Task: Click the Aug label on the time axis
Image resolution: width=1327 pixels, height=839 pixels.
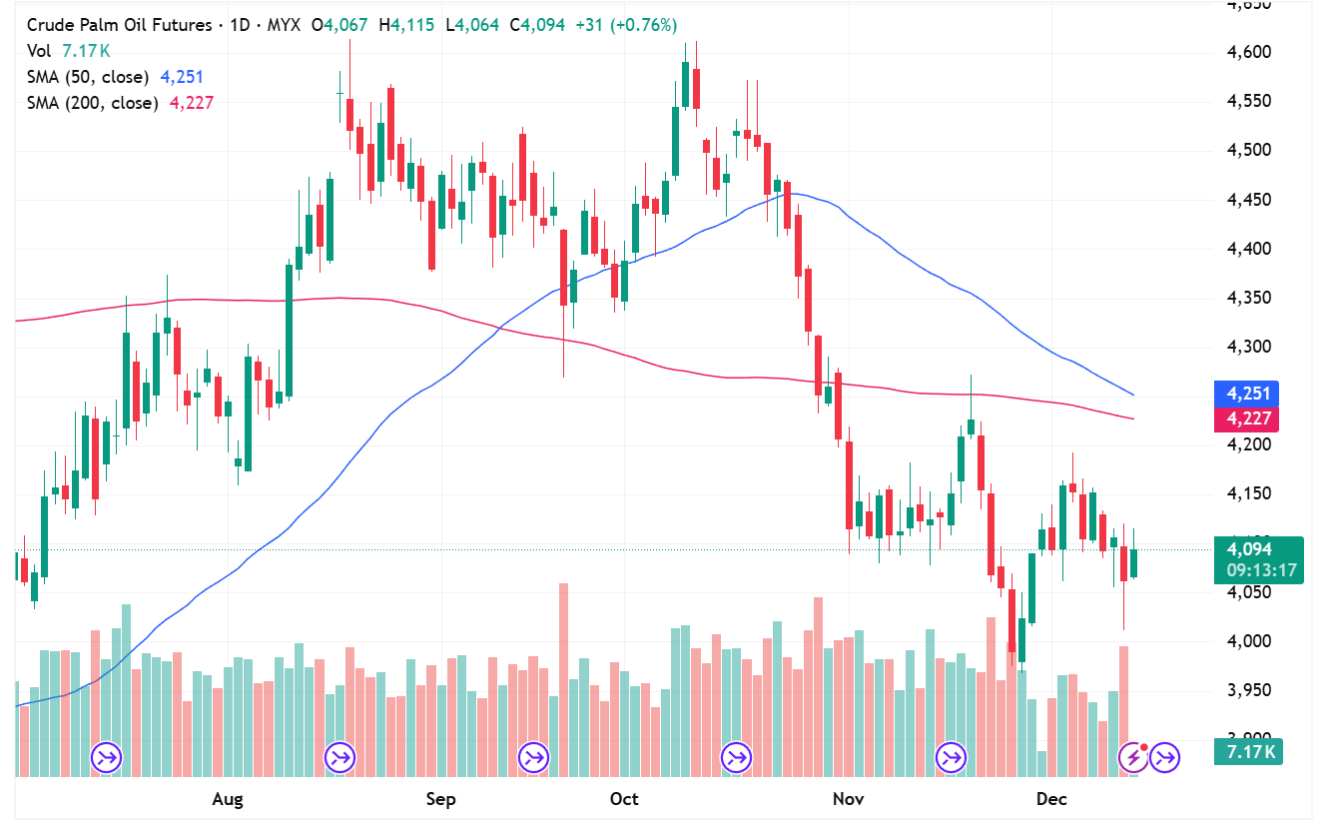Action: click(x=229, y=799)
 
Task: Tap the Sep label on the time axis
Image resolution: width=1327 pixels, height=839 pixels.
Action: click(x=440, y=799)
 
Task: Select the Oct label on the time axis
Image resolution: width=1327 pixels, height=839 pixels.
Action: click(x=624, y=799)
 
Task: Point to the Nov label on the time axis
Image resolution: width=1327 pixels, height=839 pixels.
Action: click(x=848, y=799)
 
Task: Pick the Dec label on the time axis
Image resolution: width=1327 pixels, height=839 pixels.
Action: click(x=1051, y=799)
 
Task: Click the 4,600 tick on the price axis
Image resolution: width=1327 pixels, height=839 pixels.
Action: click(x=1248, y=52)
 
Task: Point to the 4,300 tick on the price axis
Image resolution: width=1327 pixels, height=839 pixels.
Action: click(x=1248, y=347)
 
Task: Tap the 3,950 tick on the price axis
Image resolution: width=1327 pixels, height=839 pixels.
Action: click(x=1248, y=690)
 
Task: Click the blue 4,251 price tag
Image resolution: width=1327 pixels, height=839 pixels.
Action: click(x=1244, y=394)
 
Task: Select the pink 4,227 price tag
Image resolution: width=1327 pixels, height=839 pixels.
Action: click(x=1244, y=419)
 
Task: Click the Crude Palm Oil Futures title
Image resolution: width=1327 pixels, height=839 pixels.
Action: click(x=119, y=25)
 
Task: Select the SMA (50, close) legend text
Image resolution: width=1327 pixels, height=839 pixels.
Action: click(x=88, y=77)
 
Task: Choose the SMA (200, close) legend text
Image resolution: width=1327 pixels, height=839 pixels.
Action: click(x=92, y=102)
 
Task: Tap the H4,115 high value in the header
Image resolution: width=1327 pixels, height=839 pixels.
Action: click(x=406, y=25)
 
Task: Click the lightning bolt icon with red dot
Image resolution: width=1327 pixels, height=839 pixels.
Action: click(x=1133, y=758)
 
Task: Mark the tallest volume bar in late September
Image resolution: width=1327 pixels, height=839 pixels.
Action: click(x=563, y=679)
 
